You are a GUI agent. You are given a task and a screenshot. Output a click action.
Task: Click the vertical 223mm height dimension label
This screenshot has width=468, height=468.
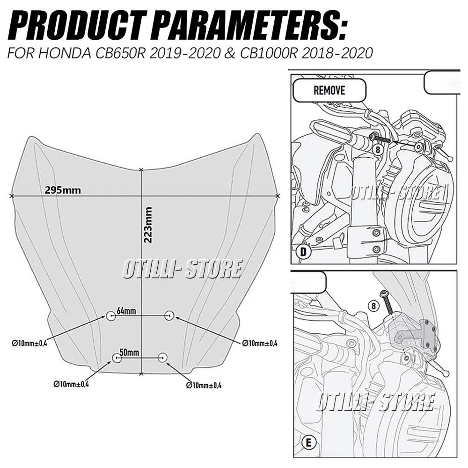click(x=149, y=225)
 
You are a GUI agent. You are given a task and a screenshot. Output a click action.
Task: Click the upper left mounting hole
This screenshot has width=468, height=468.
click(x=110, y=316)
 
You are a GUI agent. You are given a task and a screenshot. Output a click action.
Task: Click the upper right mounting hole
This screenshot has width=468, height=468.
click(x=169, y=316)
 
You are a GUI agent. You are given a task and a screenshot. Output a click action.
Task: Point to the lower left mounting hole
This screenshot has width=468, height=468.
click(x=117, y=358)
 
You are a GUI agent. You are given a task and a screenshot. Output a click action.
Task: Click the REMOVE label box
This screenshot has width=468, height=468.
click(x=329, y=90)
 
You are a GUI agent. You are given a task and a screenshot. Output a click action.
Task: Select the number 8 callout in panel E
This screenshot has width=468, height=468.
click(x=373, y=306)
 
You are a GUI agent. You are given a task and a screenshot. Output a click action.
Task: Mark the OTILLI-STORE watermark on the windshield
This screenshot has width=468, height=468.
click(x=182, y=269)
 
